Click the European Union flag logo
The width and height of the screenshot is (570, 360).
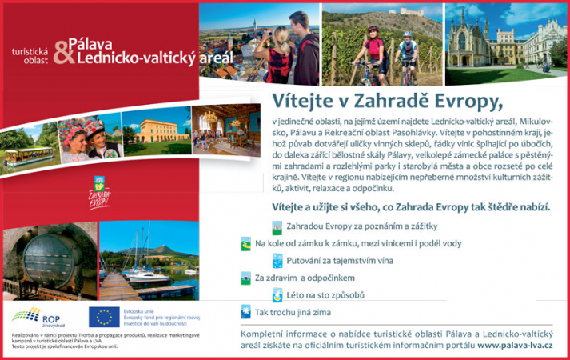click(104, 318)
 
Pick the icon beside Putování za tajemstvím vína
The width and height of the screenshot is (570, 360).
click(277, 261)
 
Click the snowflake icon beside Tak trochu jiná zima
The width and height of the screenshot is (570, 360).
click(245, 312)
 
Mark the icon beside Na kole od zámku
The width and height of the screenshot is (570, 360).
click(245, 243)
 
